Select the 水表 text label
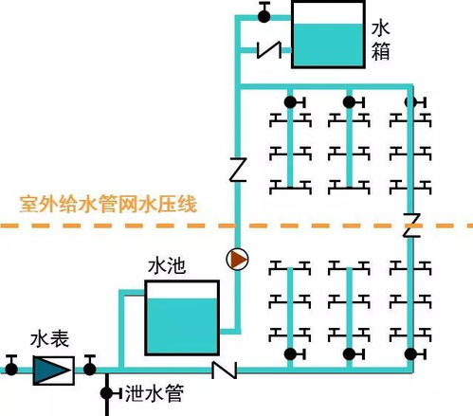(46, 338)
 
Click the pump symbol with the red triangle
(238, 259)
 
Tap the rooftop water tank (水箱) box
(328, 35)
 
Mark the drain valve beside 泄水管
(106, 391)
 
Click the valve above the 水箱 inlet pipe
(264, 12)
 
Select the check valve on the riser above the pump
(238, 170)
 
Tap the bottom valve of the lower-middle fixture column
(350, 353)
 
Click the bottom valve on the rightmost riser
(410, 353)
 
